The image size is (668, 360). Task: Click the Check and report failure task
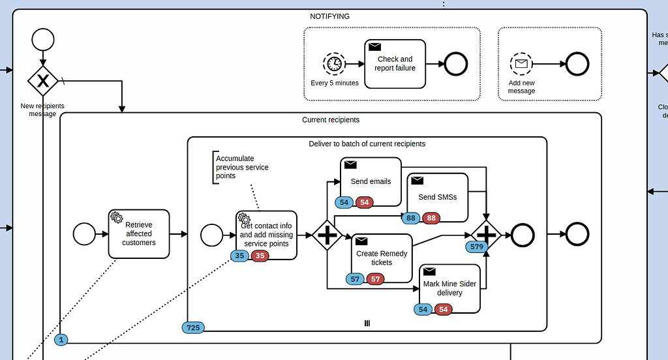point(395,63)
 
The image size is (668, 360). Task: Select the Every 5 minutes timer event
point(334,63)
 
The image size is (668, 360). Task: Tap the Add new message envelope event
point(521,63)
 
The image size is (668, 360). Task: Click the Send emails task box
point(371,181)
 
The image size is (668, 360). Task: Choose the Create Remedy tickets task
point(382,257)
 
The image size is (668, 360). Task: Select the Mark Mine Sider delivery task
point(449,288)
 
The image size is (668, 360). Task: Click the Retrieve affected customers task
point(138,233)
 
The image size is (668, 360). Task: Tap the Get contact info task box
point(266,233)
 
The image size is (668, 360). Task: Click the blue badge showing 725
point(193,327)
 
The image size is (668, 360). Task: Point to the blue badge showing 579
point(476,247)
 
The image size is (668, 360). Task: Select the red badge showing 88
point(431,218)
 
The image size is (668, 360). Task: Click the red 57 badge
point(375,279)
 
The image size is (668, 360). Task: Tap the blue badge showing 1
point(61,339)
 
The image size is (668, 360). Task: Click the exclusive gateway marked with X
point(42,80)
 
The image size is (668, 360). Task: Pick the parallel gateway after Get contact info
point(327,235)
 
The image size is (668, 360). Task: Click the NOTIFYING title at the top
point(329,16)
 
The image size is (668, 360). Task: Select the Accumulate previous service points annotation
point(242,167)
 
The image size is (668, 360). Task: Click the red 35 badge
point(260,256)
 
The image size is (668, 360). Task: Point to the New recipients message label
point(42,110)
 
